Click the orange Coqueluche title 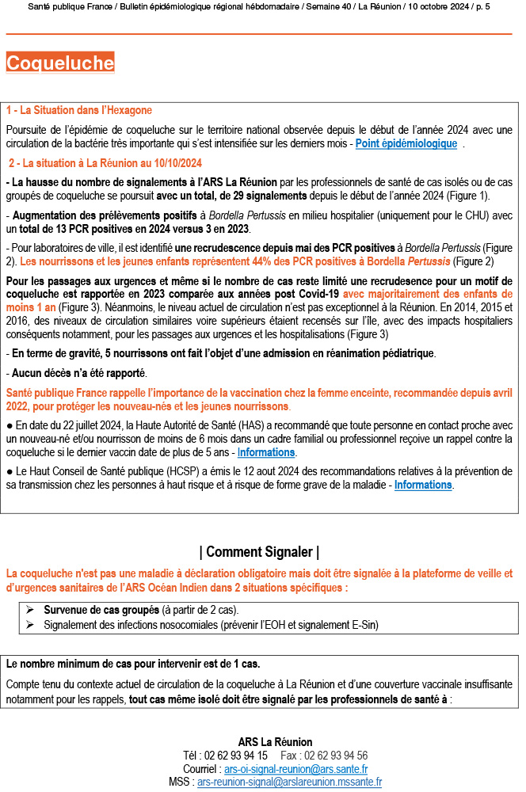tap(60, 63)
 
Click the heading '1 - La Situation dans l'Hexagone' tap(78, 110)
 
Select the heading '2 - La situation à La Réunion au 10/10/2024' tap(105, 163)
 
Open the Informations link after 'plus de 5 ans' tap(266, 452)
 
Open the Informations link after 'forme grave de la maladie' tap(423, 485)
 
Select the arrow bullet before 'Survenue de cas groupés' tap(29, 610)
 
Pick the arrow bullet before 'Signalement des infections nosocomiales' tap(29, 625)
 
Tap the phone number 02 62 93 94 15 tap(236, 756)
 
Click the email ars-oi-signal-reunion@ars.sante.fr tap(295, 769)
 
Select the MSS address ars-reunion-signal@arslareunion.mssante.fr tap(289, 782)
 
